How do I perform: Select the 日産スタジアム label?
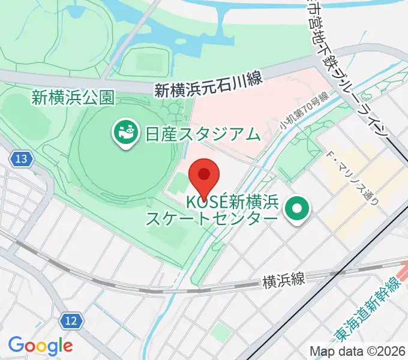pyautogui.click(x=202, y=133)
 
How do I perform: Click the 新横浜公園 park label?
pyautogui.click(x=73, y=97)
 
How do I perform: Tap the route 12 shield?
pyautogui.click(x=71, y=321)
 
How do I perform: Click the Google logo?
pyautogui.click(x=40, y=346)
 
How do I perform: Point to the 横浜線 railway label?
pyautogui.click(x=284, y=280)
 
